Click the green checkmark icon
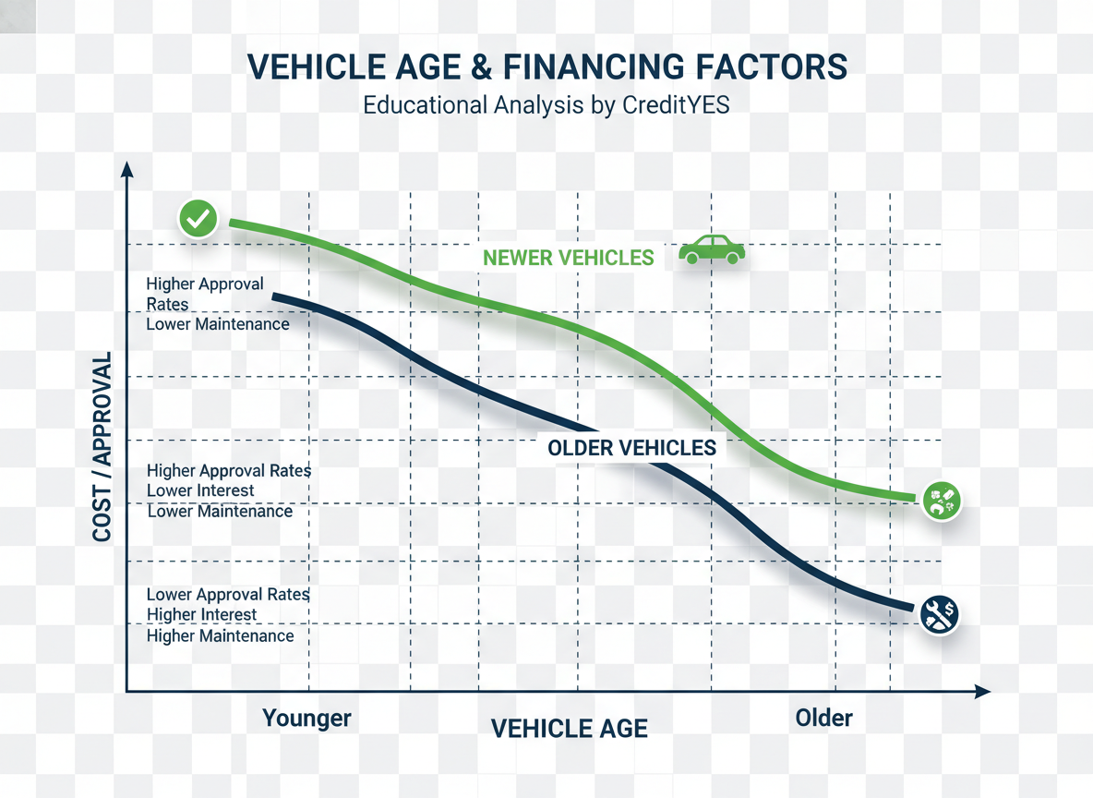pos(198,220)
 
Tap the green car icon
pos(712,249)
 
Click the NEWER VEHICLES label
pos(568,258)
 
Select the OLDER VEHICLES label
pos(631,448)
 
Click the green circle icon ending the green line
pos(942,501)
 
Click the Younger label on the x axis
pos(306,718)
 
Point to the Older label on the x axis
pos(823,717)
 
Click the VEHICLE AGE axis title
pos(569,728)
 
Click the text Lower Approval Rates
pos(228,594)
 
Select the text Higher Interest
pos(201,615)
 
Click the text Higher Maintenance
pos(220,635)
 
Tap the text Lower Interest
pos(199,490)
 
